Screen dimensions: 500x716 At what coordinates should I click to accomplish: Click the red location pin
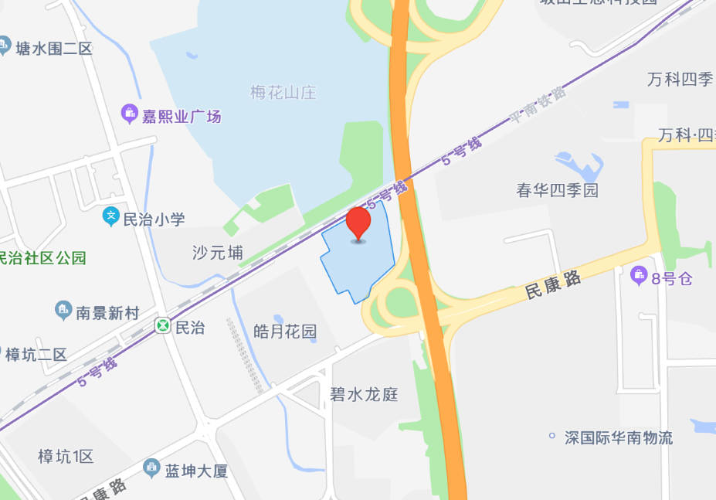pyautogui.click(x=358, y=223)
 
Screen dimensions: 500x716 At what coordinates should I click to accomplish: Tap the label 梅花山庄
pyautogui.click(x=283, y=93)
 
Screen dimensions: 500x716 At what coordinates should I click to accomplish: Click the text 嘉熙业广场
pyautogui.click(x=182, y=117)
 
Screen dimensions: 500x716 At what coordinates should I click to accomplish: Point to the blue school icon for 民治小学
pyautogui.click(x=111, y=219)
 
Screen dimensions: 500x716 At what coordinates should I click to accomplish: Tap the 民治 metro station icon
pyautogui.click(x=163, y=327)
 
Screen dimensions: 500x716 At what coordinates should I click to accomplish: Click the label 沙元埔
pyautogui.click(x=218, y=253)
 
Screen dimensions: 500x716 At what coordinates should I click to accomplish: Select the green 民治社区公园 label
pyautogui.click(x=43, y=258)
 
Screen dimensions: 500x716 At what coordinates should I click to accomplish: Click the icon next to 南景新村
pyautogui.click(x=63, y=312)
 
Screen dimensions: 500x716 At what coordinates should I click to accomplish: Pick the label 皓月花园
pyautogui.click(x=285, y=332)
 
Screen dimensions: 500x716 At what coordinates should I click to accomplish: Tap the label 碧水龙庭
pyautogui.click(x=364, y=394)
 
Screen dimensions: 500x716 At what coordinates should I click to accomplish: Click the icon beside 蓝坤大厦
pyautogui.click(x=152, y=468)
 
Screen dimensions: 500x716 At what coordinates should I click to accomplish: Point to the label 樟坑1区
pyautogui.click(x=66, y=457)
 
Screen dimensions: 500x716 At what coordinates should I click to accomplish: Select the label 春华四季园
pyautogui.click(x=557, y=190)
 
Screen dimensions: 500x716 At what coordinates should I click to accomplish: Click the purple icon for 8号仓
pyautogui.click(x=639, y=274)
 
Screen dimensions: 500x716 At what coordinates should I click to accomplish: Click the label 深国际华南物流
pyautogui.click(x=618, y=438)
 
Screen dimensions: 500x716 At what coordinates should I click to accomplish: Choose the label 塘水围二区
pyautogui.click(x=53, y=49)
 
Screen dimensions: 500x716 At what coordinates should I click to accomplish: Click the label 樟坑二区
pyautogui.click(x=36, y=355)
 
